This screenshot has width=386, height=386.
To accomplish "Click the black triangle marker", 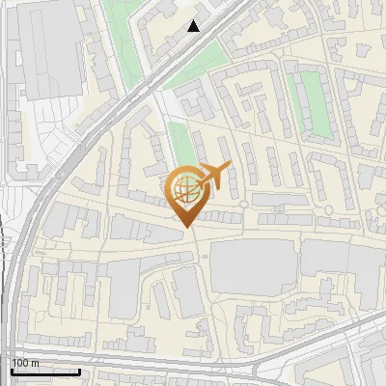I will point(194,26).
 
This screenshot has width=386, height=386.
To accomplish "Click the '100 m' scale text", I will point(25,363).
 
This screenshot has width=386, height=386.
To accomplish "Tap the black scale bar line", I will point(45,372).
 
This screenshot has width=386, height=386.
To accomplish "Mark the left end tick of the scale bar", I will point(11,369).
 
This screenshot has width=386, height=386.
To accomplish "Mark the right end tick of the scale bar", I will point(80,369).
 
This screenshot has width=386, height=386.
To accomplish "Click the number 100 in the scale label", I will point(20,363).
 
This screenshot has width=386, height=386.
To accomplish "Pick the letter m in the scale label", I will point(35,363).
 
